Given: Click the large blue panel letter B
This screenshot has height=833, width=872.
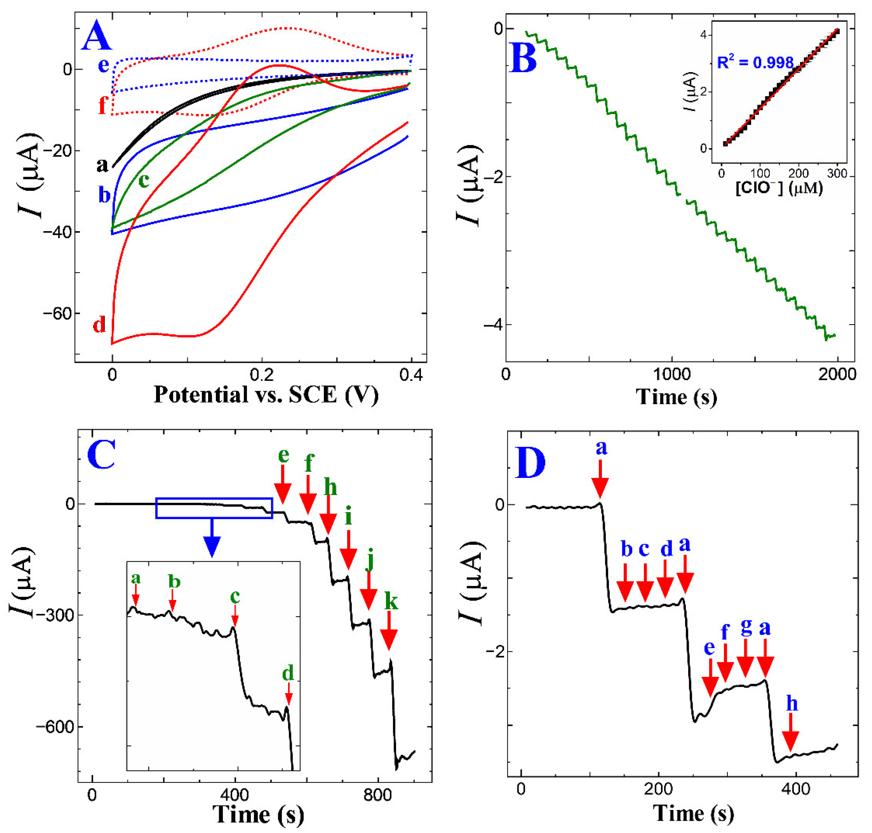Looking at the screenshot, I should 524,58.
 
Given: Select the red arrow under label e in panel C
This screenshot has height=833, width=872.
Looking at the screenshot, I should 283,491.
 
